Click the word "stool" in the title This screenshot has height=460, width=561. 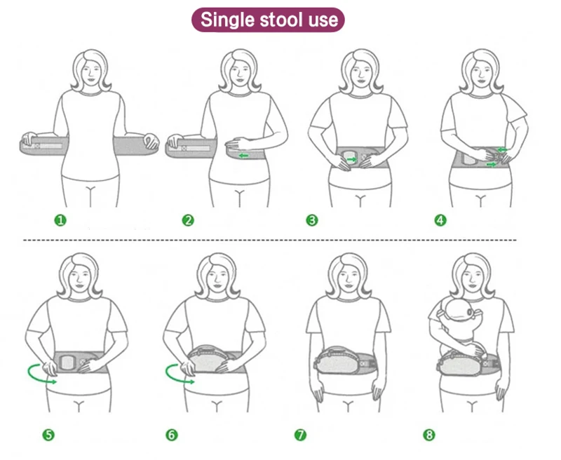pyautogui.click(x=277, y=20)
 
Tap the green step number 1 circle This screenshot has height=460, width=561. pyautogui.click(x=60, y=219)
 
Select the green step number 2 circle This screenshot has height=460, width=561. pyautogui.click(x=188, y=220)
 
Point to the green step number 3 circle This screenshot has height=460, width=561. pyautogui.click(x=312, y=220)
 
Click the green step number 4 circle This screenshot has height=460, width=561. pyautogui.click(x=440, y=220)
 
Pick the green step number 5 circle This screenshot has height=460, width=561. pyautogui.click(x=48, y=435)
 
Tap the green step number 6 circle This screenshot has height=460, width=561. pyautogui.click(x=171, y=435)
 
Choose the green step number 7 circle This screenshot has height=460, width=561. pyautogui.click(x=300, y=435)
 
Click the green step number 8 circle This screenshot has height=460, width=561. pyautogui.click(x=429, y=435)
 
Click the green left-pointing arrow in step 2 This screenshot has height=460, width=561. pyautogui.click(x=243, y=155)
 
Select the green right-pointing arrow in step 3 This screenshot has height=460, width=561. pyautogui.click(x=352, y=159)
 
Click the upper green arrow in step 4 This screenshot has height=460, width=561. pyautogui.click(x=502, y=149)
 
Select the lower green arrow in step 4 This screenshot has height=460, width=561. pyautogui.click(x=492, y=164)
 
